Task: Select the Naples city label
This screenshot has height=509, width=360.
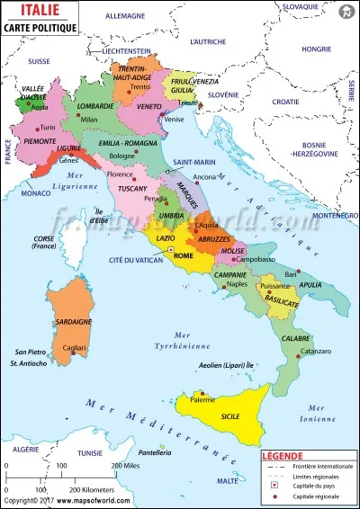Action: tap(237, 284)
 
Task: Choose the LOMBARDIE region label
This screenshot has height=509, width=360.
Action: tap(95, 106)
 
